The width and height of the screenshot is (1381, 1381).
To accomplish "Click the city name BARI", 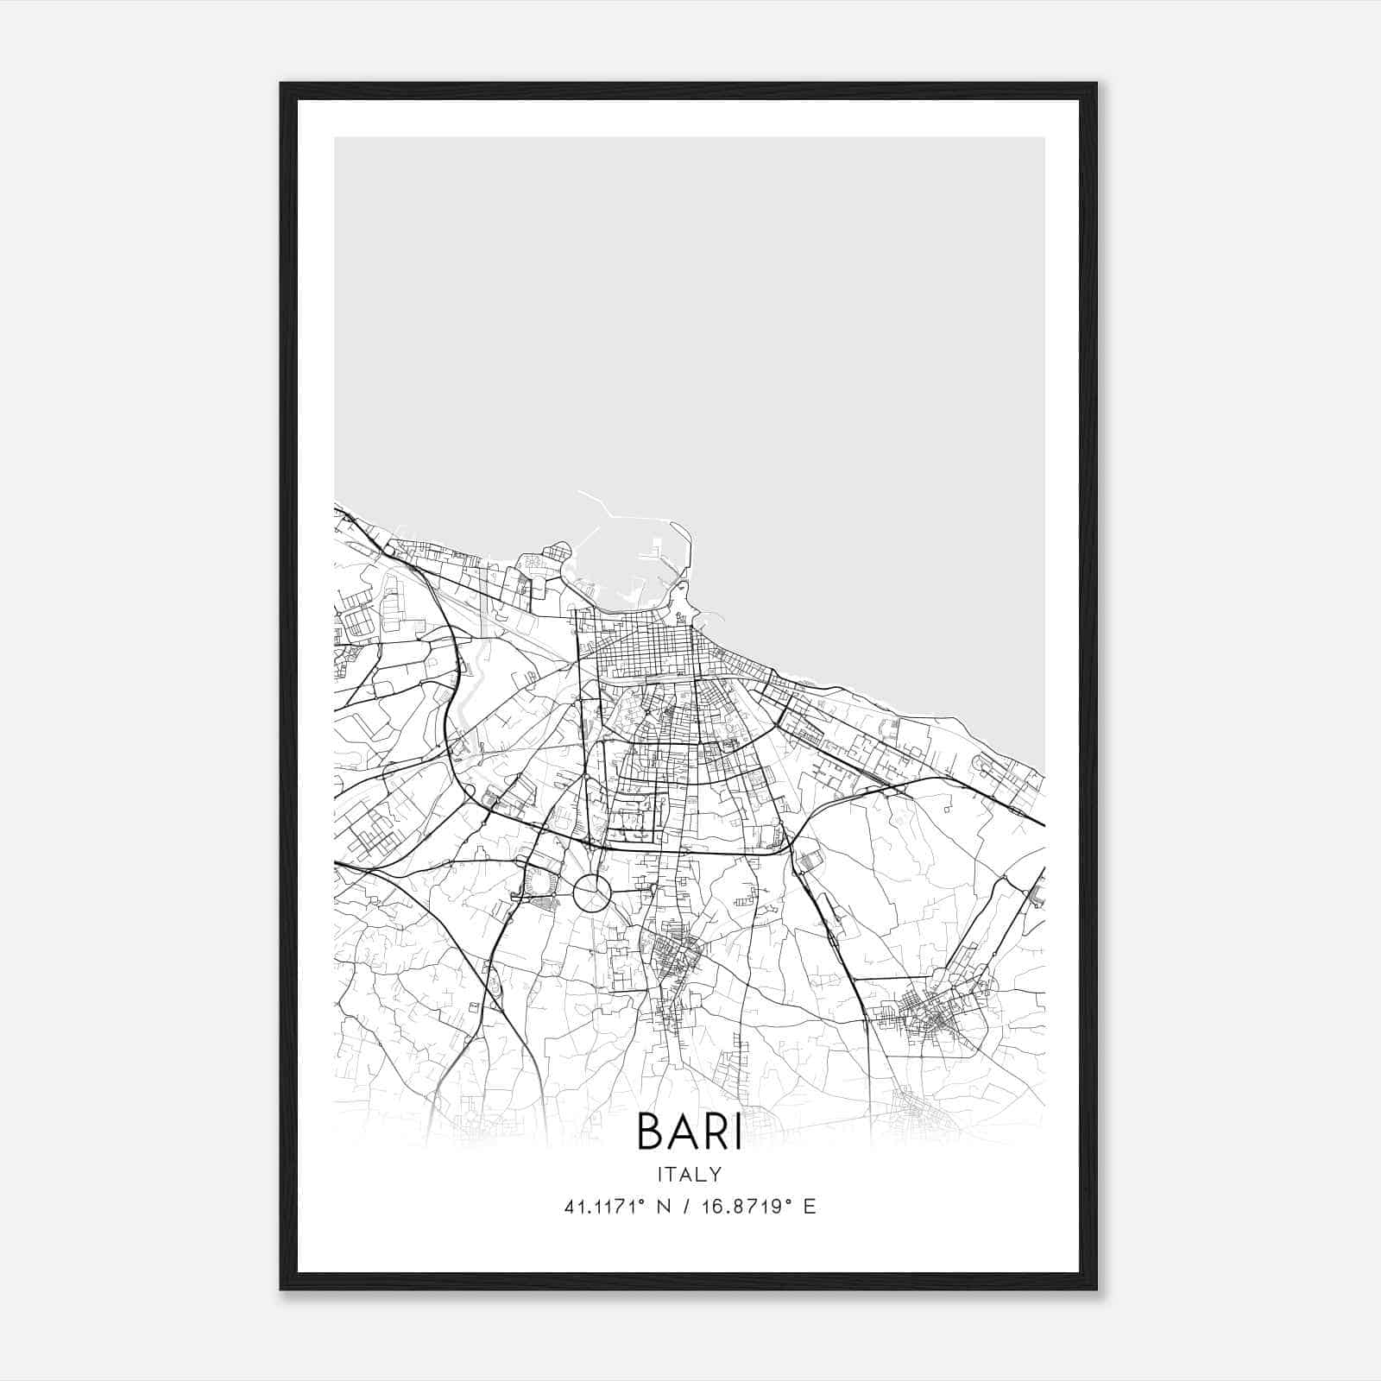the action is coord(689,1132).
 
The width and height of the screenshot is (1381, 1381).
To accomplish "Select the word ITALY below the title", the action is coord(689,1174).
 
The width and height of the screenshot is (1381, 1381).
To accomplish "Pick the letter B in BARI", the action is coord(650,1132).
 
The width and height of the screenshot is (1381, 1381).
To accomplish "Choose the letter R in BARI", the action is coord(711,1132).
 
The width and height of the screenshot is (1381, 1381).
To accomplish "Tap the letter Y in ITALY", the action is coord(716,1174).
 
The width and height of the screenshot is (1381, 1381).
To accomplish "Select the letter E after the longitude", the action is coord(810,1207).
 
